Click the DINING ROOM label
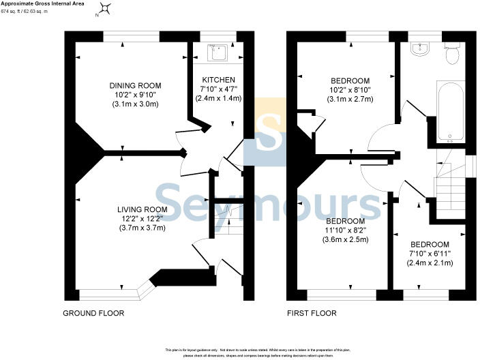tap(134, 85)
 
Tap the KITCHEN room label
tap(217, 80)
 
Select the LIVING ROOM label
tap(142, 209)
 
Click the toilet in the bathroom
tap(451, 55)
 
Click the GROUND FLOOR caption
tap(93, 314)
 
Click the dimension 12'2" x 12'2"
tap(142, 218)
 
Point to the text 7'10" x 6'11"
tap(430, 254)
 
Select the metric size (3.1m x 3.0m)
tap(134, 104)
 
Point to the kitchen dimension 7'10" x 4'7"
tap(217, 89)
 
